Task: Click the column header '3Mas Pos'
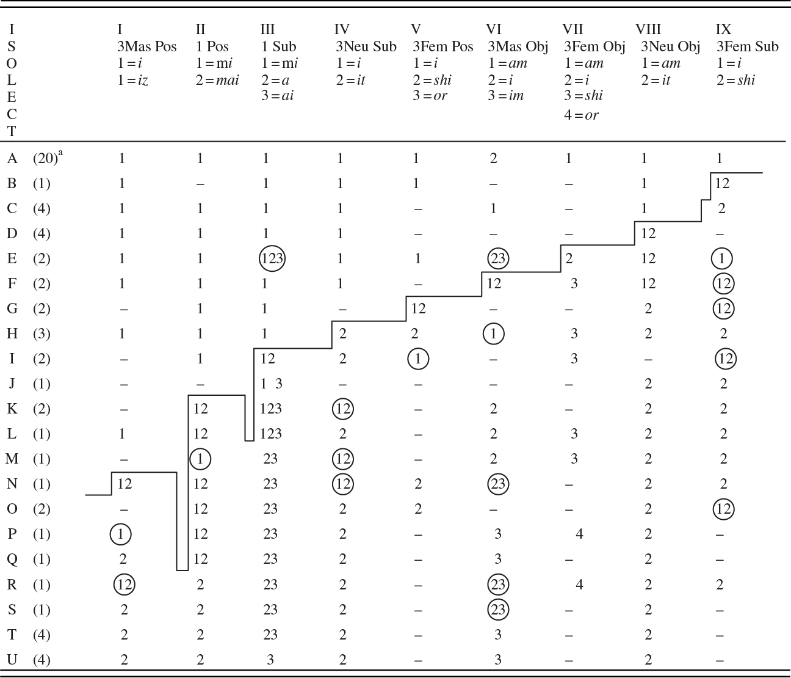point(146,47)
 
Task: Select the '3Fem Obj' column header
point(594,47)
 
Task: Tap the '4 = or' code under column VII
point(581,115)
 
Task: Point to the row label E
point(12,258)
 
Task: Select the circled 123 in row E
point(272,258)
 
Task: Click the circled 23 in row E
point(498,258)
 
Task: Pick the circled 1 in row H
point(493,334)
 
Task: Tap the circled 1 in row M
point(200,459)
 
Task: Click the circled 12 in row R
point(125,585)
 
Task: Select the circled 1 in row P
point(121,534)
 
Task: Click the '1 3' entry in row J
point(272,384)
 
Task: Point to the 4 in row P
point(579,534)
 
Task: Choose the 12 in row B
point(722,184)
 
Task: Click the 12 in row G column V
point(418,308)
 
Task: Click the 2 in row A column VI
point(493,159)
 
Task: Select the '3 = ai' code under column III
point(277,96)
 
